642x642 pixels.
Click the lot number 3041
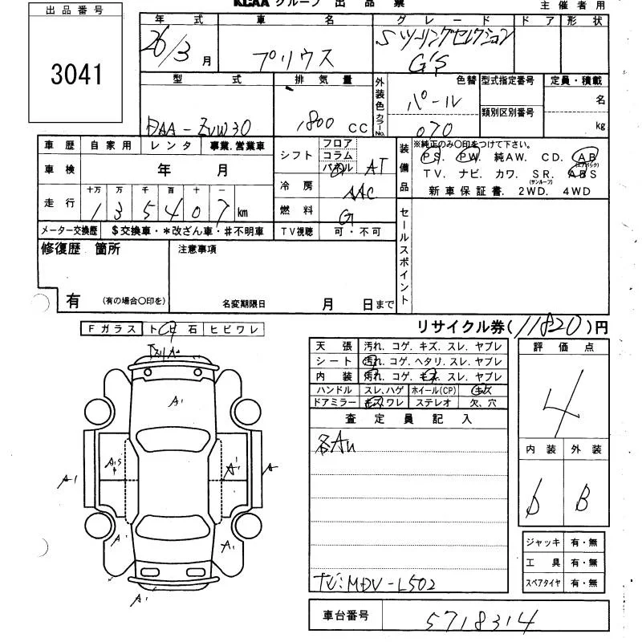[76, 75]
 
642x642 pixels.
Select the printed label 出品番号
[75, 10]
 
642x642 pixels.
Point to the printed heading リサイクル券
[461, 327]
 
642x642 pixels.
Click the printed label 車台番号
[346, 616]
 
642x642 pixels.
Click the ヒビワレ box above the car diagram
[234, 329]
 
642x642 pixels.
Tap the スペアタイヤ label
[544, 583]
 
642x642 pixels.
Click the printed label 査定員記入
[408, 418]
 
